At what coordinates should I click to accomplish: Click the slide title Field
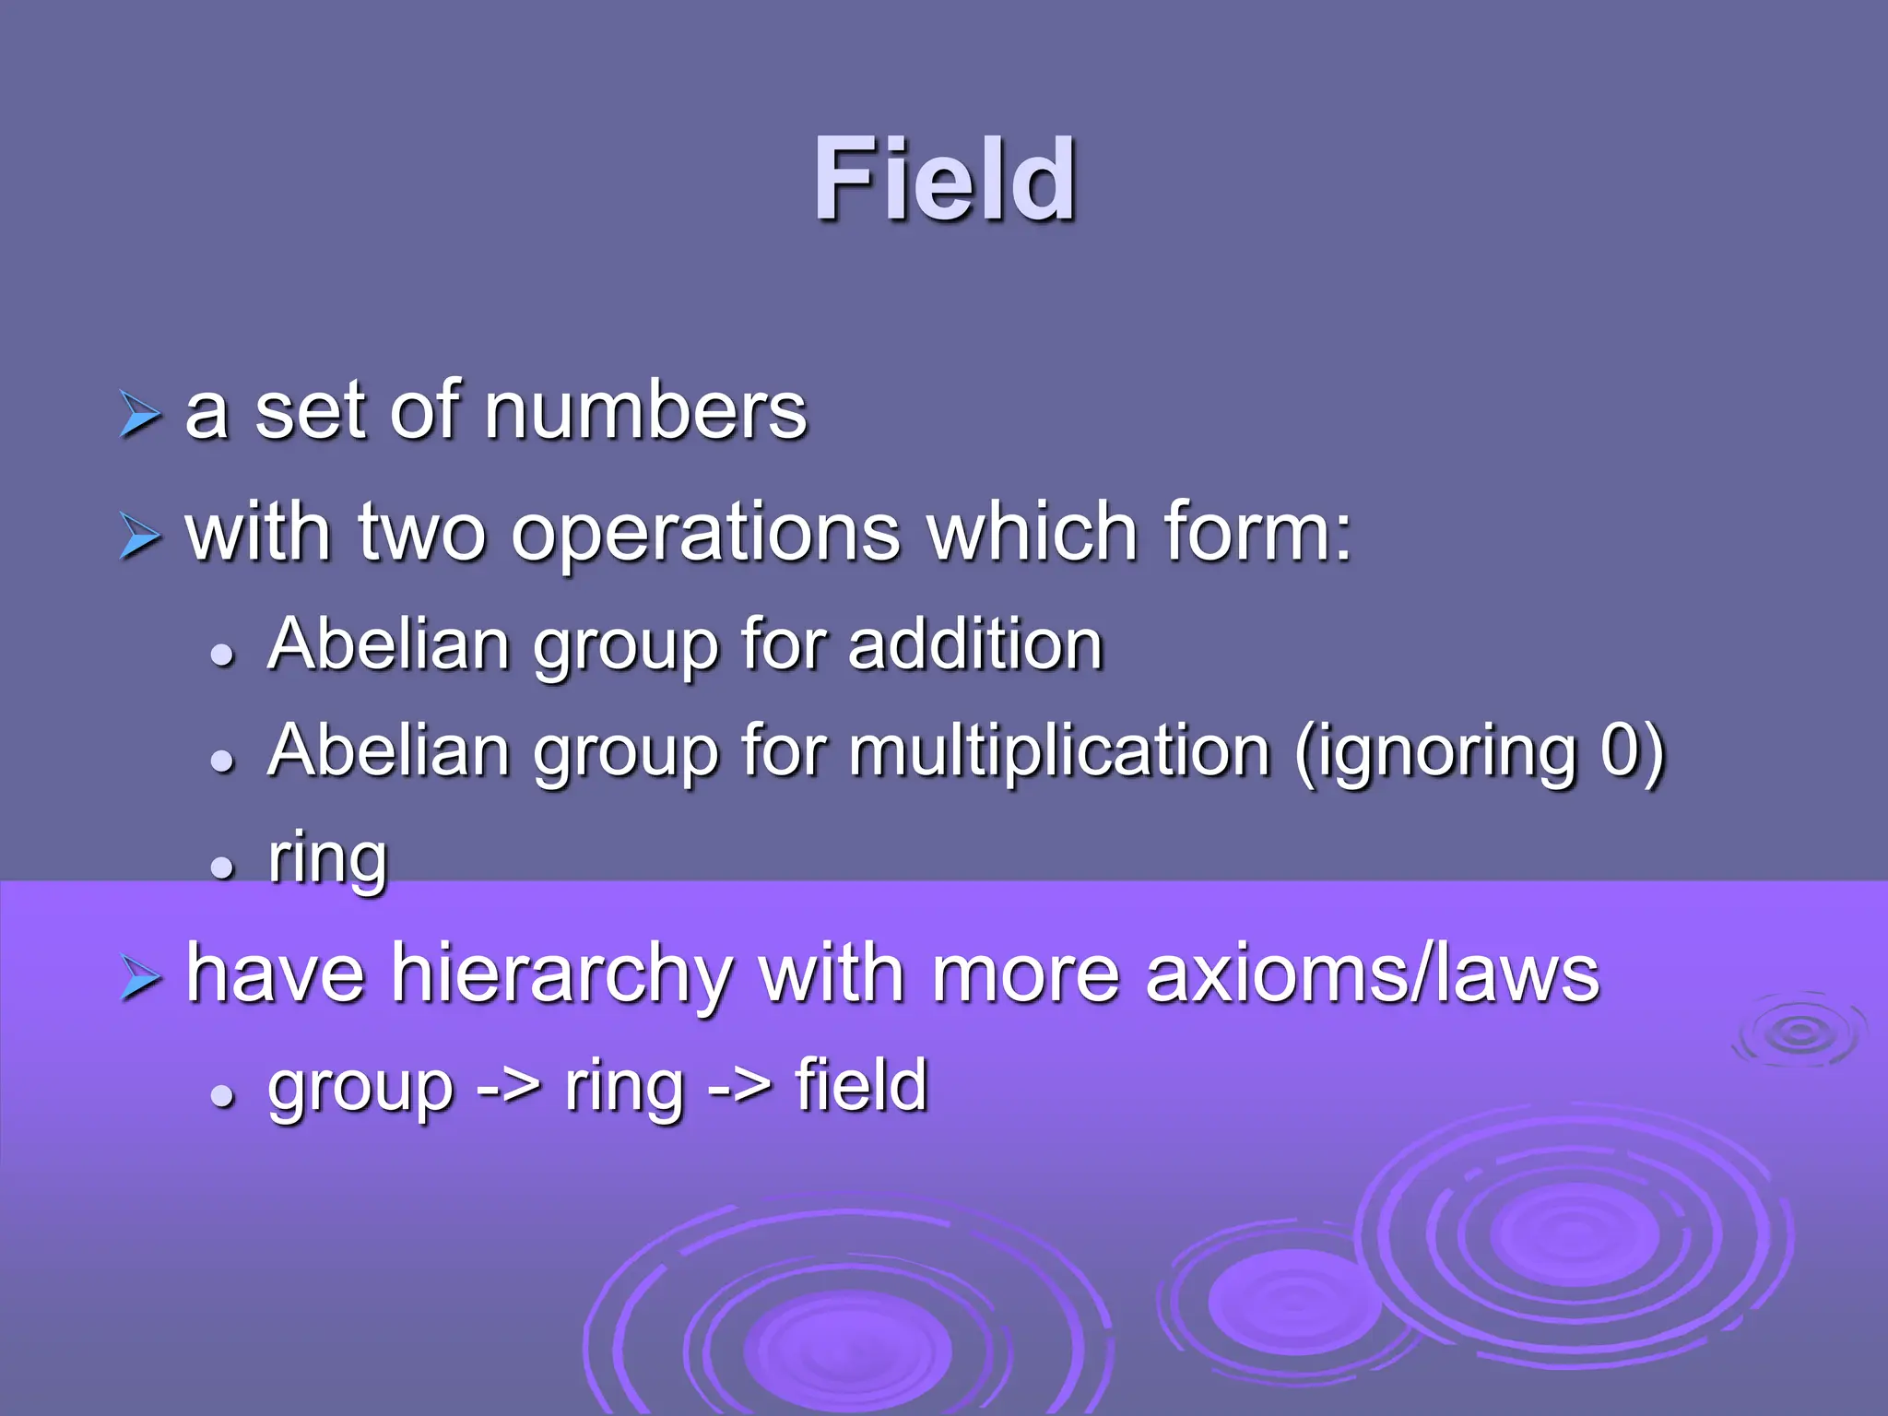[944, 180]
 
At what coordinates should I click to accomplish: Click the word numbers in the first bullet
[645, 411]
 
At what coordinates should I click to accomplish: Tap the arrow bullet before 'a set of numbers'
[140, 414]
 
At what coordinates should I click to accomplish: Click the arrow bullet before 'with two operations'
[140, 536]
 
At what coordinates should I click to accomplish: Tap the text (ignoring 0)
[1479, 751]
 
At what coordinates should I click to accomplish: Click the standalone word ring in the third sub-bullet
[327, 859]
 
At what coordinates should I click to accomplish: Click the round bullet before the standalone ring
[222, 867]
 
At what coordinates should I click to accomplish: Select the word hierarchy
[563, 975]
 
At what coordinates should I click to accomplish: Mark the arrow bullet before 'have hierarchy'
[140, 978]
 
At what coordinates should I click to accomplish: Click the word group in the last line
[360, 1088]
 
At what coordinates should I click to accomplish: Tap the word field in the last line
[861, 1086]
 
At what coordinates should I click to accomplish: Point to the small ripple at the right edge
[1799, 1032]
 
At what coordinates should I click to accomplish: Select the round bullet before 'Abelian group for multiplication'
[222, 761]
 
